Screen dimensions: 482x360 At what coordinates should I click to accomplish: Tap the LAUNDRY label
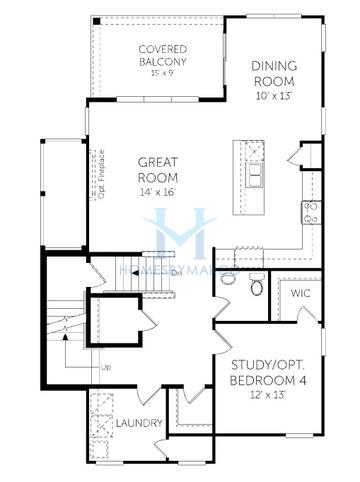(138, 423)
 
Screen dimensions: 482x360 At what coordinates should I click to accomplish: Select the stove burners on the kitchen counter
(310, 212)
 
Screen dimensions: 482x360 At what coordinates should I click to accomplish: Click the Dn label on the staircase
(174, 272)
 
